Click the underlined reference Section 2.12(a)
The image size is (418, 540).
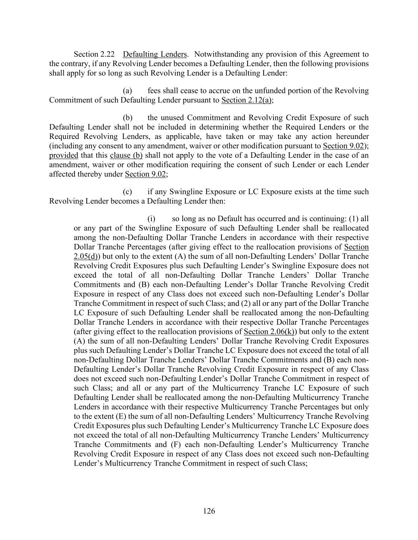246,100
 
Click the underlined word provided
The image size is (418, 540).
63,155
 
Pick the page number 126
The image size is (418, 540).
209,511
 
